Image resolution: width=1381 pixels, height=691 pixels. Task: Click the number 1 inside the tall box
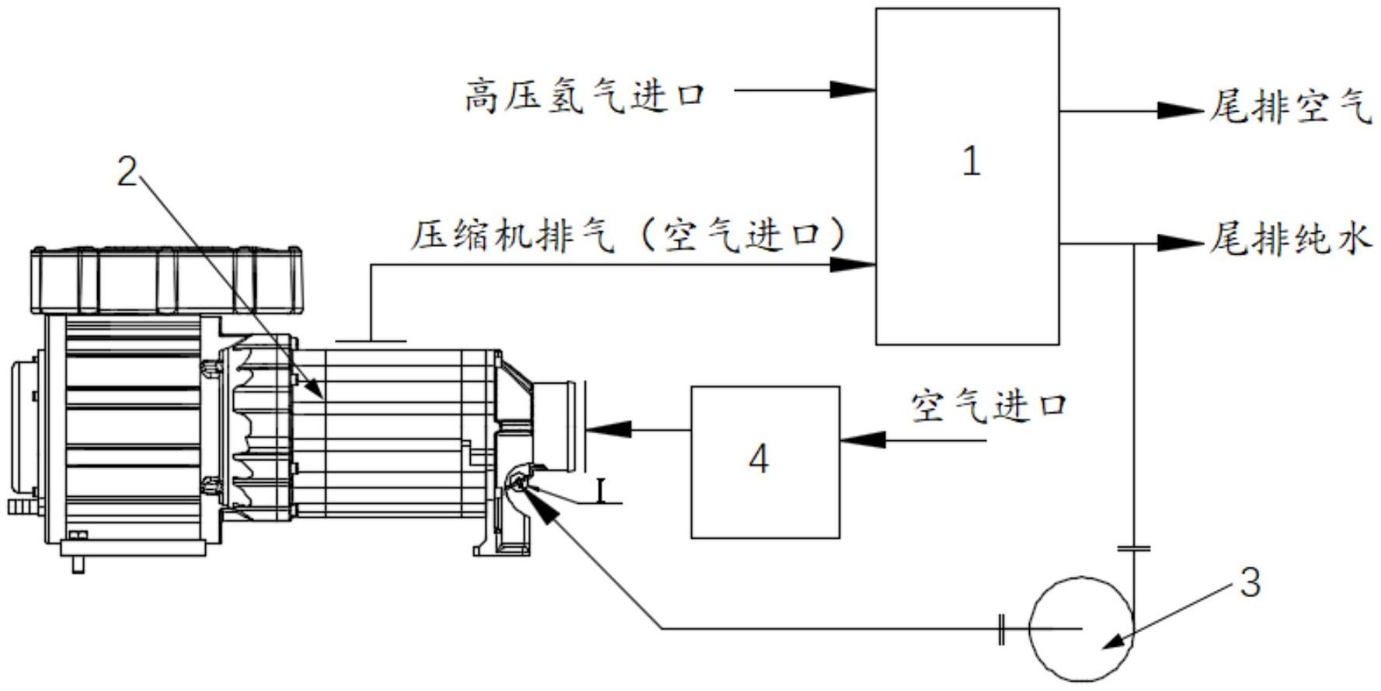pos(971,162)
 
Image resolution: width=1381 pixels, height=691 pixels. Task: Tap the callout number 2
pos(127,172)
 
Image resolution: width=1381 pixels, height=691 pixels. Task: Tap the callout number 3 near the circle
pos(1250,582)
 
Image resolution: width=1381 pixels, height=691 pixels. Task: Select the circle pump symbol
pos(1080,629)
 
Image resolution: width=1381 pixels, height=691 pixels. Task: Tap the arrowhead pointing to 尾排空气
pos(1179,110)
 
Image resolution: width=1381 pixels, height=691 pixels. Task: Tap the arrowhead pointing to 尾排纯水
pos(1179,243)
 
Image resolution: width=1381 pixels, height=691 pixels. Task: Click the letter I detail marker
pos(600,490)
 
